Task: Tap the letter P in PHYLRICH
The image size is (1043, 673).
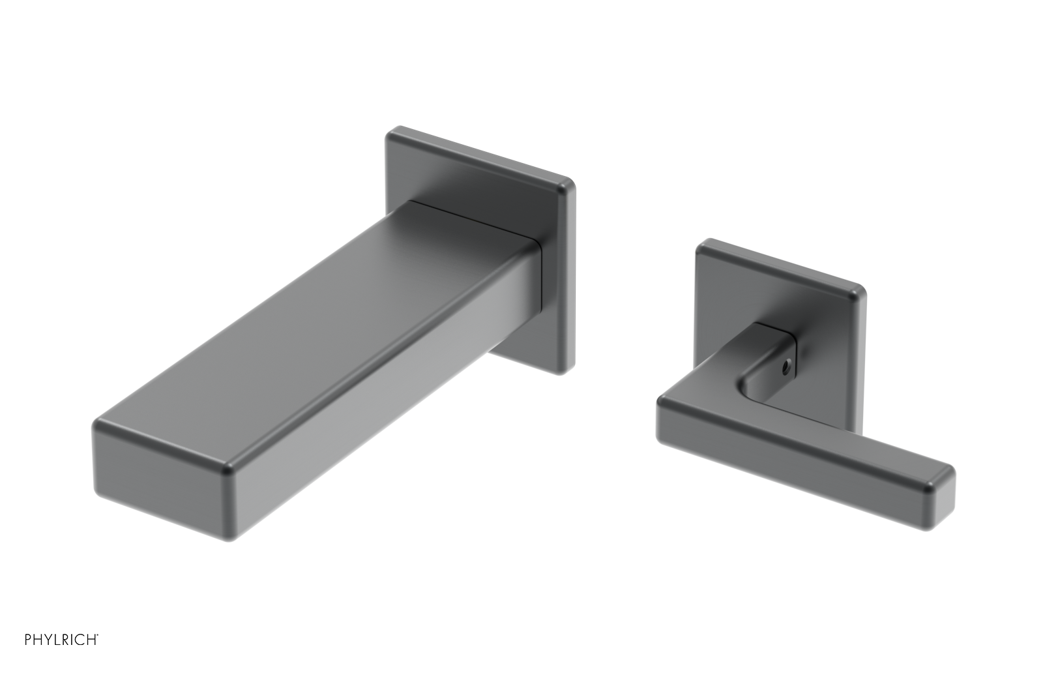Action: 28,640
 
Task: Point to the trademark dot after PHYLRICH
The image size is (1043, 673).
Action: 98,635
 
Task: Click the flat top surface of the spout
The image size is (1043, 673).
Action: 313,307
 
